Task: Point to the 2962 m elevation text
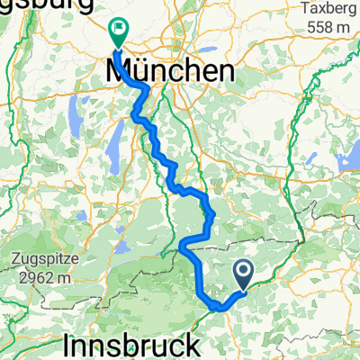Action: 39,277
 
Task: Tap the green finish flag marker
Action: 118,30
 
